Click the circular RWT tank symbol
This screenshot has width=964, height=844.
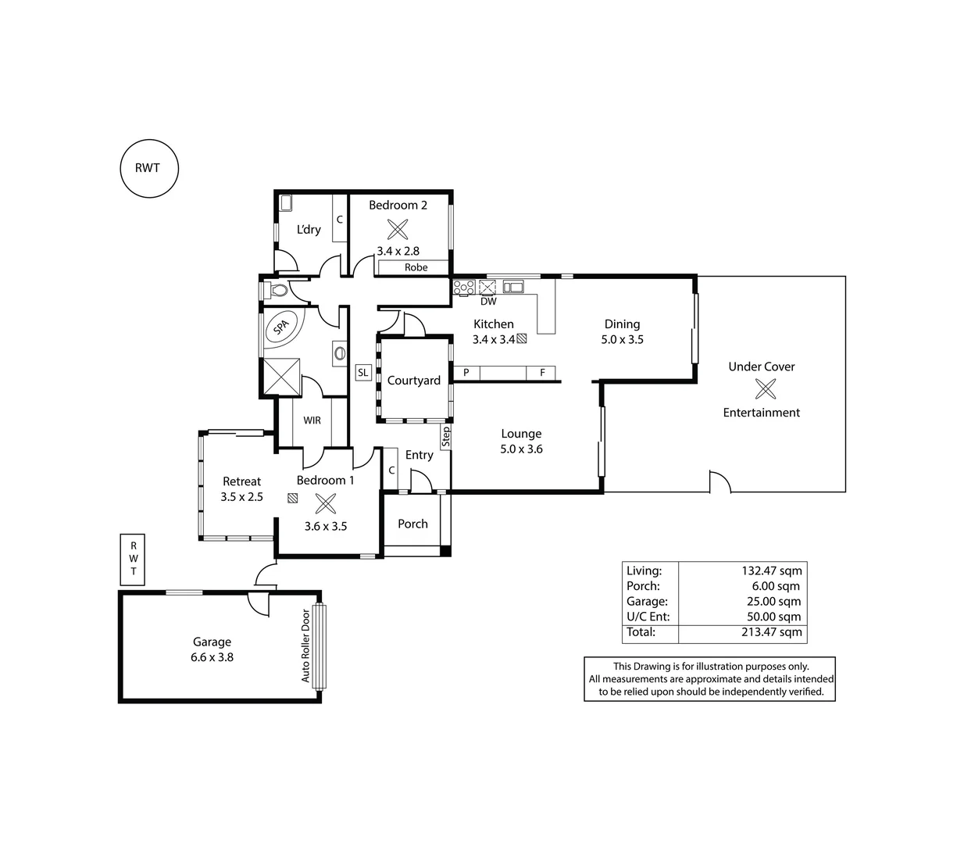click(149, 168)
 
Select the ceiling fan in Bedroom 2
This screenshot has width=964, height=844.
click(398, 229)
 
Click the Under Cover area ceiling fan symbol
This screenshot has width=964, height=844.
click(765, 388)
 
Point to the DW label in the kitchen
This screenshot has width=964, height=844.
click(488, 302)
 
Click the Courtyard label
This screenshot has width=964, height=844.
click(413, 381)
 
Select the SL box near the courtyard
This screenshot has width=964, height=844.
click(362, 373)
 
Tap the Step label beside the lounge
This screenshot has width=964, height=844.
click(446, 436)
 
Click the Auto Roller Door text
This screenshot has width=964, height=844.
click(305, 646)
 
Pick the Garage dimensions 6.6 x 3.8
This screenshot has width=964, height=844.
click(212, 657)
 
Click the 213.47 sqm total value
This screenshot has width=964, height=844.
click(771, 632)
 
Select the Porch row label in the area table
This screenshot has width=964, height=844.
click(643, 586)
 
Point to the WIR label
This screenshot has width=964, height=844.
click(312, 420)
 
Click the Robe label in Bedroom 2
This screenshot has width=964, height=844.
click(416, 267)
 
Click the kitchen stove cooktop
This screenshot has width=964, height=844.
click(463, 287)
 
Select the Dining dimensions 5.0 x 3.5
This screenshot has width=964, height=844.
click(622, 340)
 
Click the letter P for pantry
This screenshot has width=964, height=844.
click(466, 373)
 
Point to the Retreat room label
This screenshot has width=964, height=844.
click(241, 481)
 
